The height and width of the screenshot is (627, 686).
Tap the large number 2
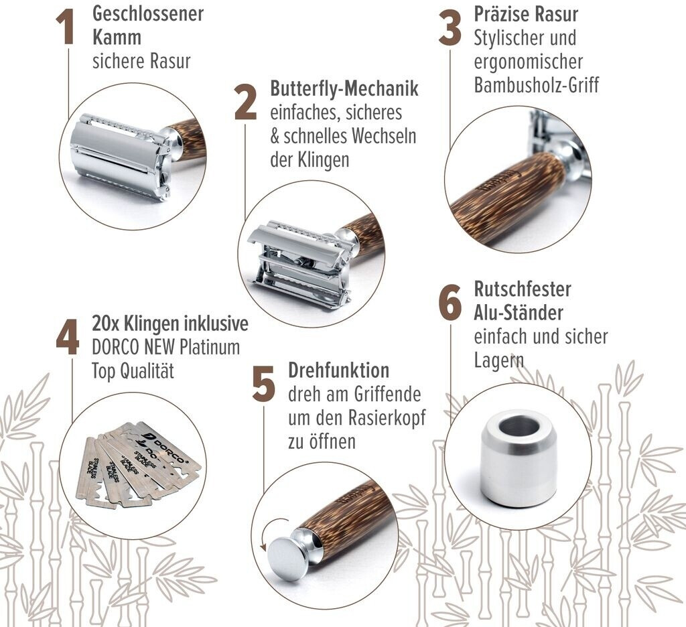245,102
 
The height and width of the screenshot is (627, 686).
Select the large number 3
450,28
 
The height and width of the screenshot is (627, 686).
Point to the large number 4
68,337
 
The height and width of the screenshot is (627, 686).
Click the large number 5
264,384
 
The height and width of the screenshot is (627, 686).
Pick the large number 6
450,303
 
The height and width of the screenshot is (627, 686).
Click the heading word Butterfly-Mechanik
344,88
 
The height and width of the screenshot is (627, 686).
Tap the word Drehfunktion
338,370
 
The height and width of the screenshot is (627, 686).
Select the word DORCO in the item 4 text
115,348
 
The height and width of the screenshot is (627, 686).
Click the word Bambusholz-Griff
537,85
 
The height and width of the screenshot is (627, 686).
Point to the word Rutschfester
523,289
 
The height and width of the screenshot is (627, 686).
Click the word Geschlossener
148,13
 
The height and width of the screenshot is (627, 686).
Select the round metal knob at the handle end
289,552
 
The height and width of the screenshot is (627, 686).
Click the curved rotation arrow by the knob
270,531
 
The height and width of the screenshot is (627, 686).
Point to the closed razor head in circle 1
125,155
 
